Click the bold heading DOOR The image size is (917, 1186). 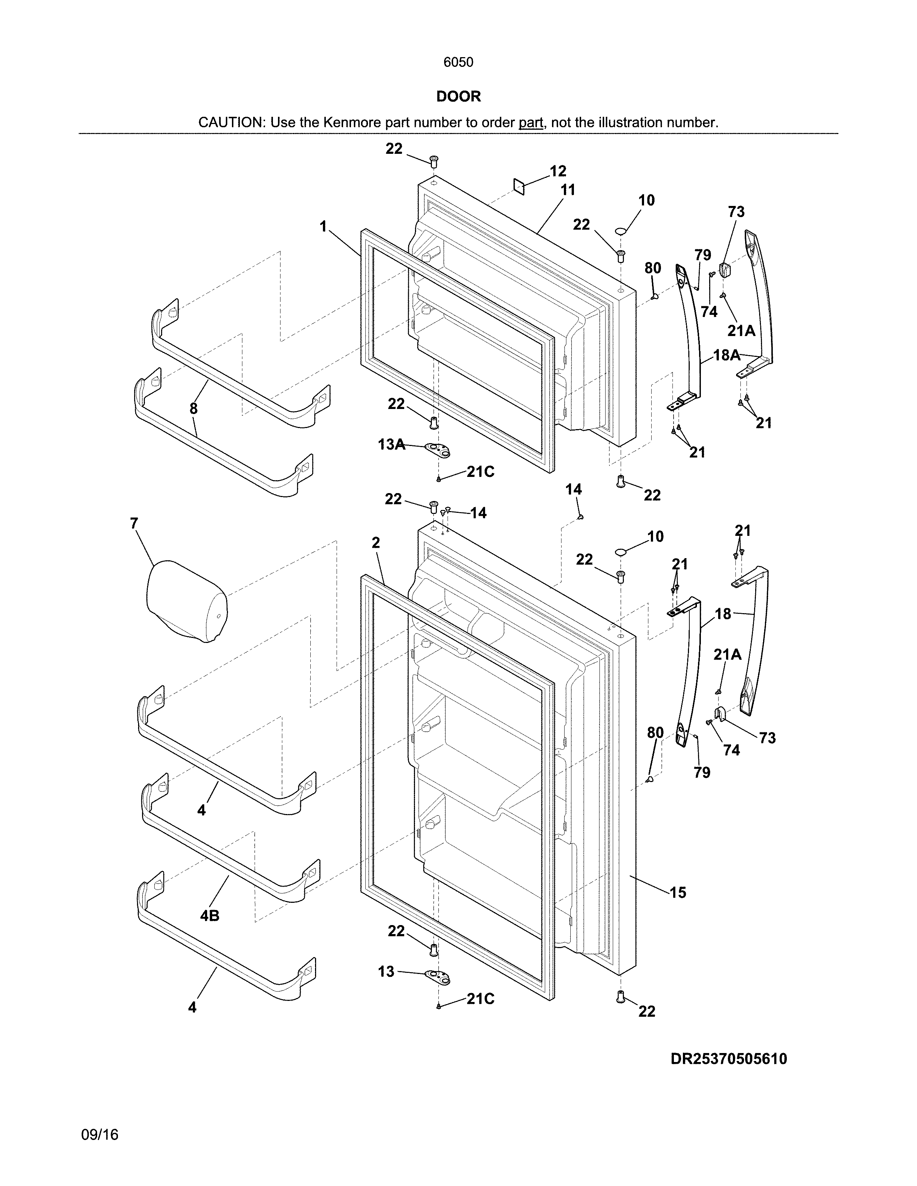(458, 97)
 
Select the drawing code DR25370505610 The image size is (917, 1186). (729, 1059)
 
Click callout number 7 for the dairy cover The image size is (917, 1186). (134, 524)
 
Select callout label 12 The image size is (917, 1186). (558, 171)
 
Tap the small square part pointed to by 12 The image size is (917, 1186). (519, 187)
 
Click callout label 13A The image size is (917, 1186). (391, 445)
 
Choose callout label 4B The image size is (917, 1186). (210, 916)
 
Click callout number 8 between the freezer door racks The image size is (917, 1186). (193, 409)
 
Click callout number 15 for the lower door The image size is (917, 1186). (678, 892)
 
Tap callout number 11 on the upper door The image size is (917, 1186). (568, 190)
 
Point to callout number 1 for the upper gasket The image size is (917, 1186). (323, 226)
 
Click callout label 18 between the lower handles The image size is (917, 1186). (722, 614)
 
